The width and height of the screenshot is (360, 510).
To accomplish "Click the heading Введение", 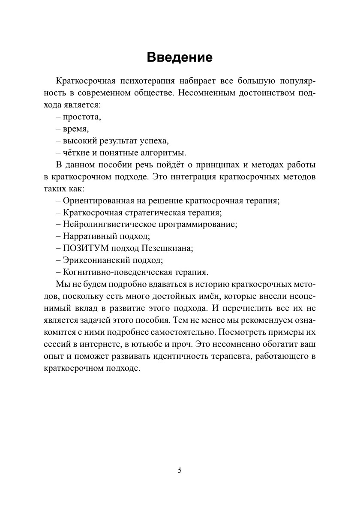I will point(180,57).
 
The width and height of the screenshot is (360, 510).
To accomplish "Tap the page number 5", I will point(180,470).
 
